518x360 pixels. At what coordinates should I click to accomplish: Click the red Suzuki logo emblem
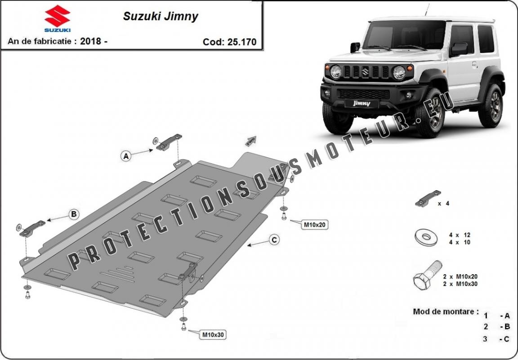pos(57,16)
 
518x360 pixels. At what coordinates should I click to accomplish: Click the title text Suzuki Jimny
pos(161,17)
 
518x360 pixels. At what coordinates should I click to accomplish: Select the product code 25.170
pos(242,42)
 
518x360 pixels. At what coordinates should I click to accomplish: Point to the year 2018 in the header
pos(90,41)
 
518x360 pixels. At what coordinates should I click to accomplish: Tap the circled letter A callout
pos(126,156)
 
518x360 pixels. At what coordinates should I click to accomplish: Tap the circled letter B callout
pos(74,214)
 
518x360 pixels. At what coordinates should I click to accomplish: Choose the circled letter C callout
pos(274,240)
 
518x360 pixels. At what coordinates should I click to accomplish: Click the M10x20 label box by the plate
pos(314,225)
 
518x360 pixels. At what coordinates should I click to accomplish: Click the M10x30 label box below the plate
pos(213,335)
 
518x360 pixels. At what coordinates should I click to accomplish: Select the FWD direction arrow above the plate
pos(251,141)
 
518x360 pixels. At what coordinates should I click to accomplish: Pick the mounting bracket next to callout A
pos(169,142)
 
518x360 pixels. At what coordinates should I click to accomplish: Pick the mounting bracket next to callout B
pos(32,229)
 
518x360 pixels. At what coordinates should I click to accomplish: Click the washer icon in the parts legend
pos(426,237)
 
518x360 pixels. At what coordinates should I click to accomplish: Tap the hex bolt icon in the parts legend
pos(428,275)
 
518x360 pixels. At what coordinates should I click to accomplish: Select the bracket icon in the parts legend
pos(428,199)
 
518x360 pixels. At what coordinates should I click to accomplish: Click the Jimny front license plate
pos(362,103)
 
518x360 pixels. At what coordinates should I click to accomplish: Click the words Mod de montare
pos(446,311)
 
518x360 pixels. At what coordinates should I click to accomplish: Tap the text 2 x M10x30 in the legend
pos(460,284)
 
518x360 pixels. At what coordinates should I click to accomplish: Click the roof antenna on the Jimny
pos(427,10)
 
